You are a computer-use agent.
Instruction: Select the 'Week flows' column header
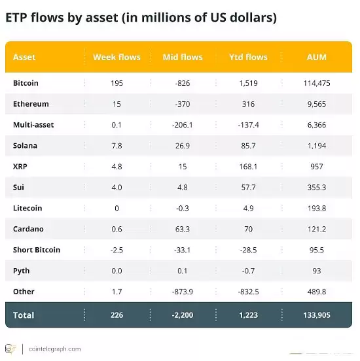117,57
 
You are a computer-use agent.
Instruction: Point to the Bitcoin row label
26,83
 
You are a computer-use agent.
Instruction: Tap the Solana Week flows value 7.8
117,145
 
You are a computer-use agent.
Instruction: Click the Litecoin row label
27,208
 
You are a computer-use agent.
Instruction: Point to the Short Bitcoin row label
37,250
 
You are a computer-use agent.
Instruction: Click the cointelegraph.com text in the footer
56,349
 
